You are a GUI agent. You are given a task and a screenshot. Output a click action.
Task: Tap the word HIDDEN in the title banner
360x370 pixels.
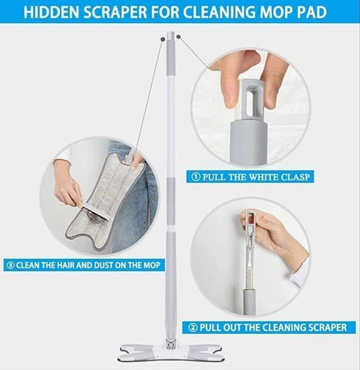coord(52,12)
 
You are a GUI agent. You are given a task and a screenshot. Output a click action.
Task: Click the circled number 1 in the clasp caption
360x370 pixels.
coord(196,177)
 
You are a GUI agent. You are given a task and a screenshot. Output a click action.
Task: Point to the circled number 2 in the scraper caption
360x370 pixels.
coord(193,328)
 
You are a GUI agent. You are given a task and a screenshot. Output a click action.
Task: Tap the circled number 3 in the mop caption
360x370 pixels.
coord(11,265)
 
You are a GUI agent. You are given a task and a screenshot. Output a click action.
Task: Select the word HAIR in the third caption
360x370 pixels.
coord(66,265)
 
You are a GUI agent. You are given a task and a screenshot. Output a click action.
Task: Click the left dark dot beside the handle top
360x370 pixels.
coord(163,39)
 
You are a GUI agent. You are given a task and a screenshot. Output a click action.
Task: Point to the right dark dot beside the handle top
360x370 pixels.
coord(179,37)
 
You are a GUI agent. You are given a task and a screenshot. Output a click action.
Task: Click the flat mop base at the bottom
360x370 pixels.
coord(170,352)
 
